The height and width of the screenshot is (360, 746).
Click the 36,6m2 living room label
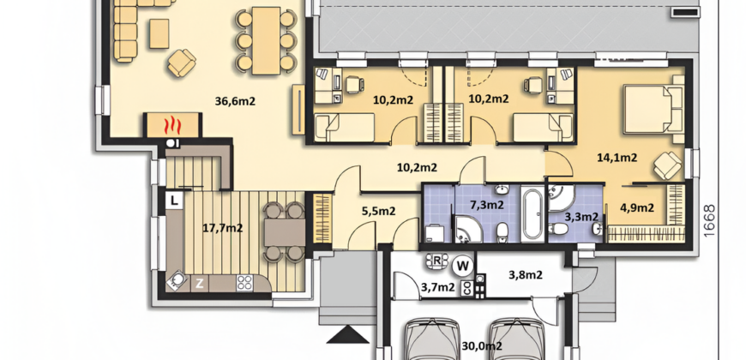[236, 101]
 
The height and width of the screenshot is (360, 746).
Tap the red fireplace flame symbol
[172, 126]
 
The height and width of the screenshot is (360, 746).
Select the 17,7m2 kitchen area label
[223, 228]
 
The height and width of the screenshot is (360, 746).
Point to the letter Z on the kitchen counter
[200, 284]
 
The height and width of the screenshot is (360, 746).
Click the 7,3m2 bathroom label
[487, 205]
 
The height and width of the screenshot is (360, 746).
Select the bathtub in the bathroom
[532, 214]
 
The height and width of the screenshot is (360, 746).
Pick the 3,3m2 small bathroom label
[581, 217]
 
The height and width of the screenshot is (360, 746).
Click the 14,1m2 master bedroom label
[617, 158]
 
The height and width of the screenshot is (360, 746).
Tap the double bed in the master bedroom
[653, 110]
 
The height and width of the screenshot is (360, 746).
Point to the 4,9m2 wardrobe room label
[636, 207]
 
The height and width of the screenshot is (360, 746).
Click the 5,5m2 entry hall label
[379, 211]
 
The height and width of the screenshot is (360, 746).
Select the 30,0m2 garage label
[482, 346]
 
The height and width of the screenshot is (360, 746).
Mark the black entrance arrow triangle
[348, 334]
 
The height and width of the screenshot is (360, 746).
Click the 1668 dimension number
[708, 221]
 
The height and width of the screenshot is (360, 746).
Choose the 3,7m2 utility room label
[437, 287]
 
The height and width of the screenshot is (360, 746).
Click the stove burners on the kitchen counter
[245, 284]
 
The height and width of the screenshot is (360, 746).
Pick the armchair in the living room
[181, 63]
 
